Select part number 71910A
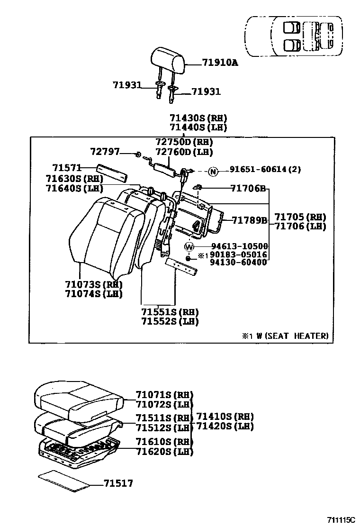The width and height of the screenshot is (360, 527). point(220,63)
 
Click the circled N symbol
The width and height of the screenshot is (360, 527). point(213,171)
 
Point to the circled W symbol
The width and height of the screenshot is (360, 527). point(189,246)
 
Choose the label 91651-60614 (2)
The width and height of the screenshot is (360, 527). point(265,170)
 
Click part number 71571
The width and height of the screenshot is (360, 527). point(67,168)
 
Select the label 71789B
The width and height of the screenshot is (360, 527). point(250,219)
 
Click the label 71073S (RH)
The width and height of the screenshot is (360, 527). point(94,285)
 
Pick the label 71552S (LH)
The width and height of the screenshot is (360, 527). point(170,321)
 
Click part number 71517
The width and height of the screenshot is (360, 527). point(118,483)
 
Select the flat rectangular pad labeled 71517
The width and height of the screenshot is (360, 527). point(64,479)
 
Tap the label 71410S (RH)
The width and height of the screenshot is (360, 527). point(225,417)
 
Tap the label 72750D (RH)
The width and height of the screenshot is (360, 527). point(184,142)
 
